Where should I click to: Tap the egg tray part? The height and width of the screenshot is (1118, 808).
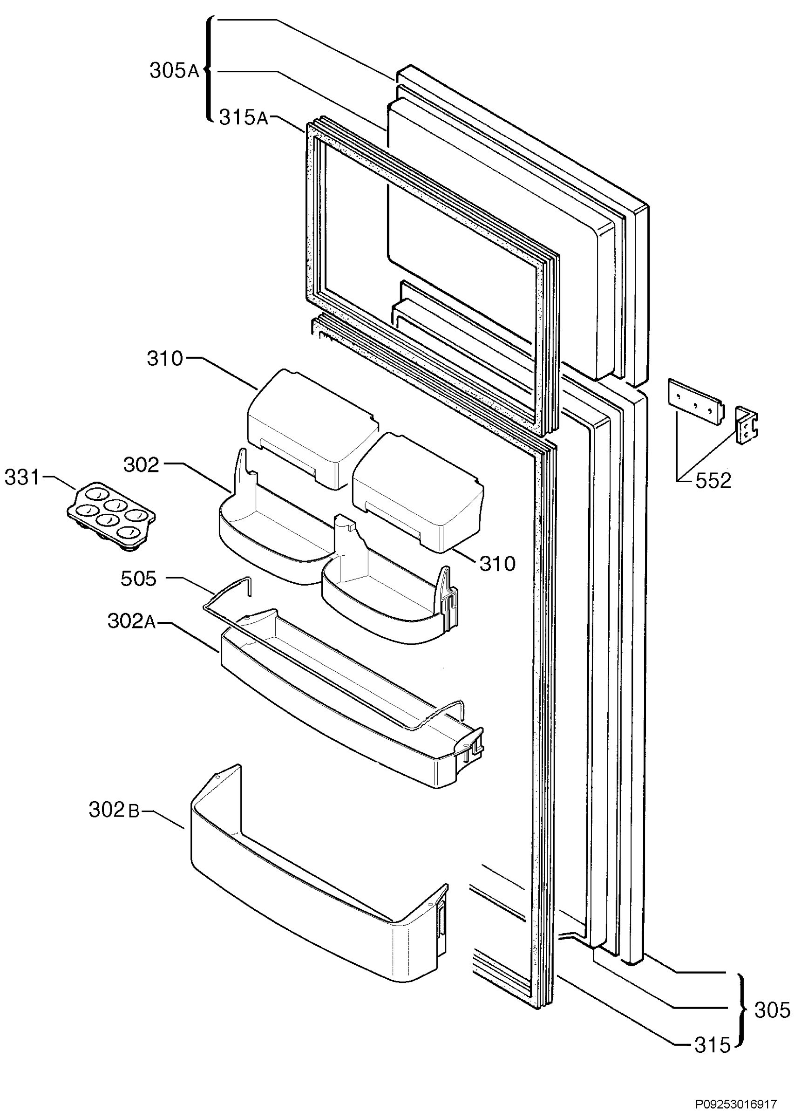click(x=111, y=516)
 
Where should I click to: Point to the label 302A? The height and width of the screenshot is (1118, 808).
click(x=131, y=622)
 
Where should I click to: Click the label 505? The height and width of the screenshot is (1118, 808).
click(x=138, y=579)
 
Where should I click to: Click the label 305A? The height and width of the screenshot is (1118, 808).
click(x=175, y=71)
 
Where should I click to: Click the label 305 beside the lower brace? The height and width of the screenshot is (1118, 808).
click(x=772, y=1010)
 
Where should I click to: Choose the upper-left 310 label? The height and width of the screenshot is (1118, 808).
click(x=164, y=359)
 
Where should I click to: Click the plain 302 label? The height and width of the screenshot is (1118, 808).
click(x=141, y=464)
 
